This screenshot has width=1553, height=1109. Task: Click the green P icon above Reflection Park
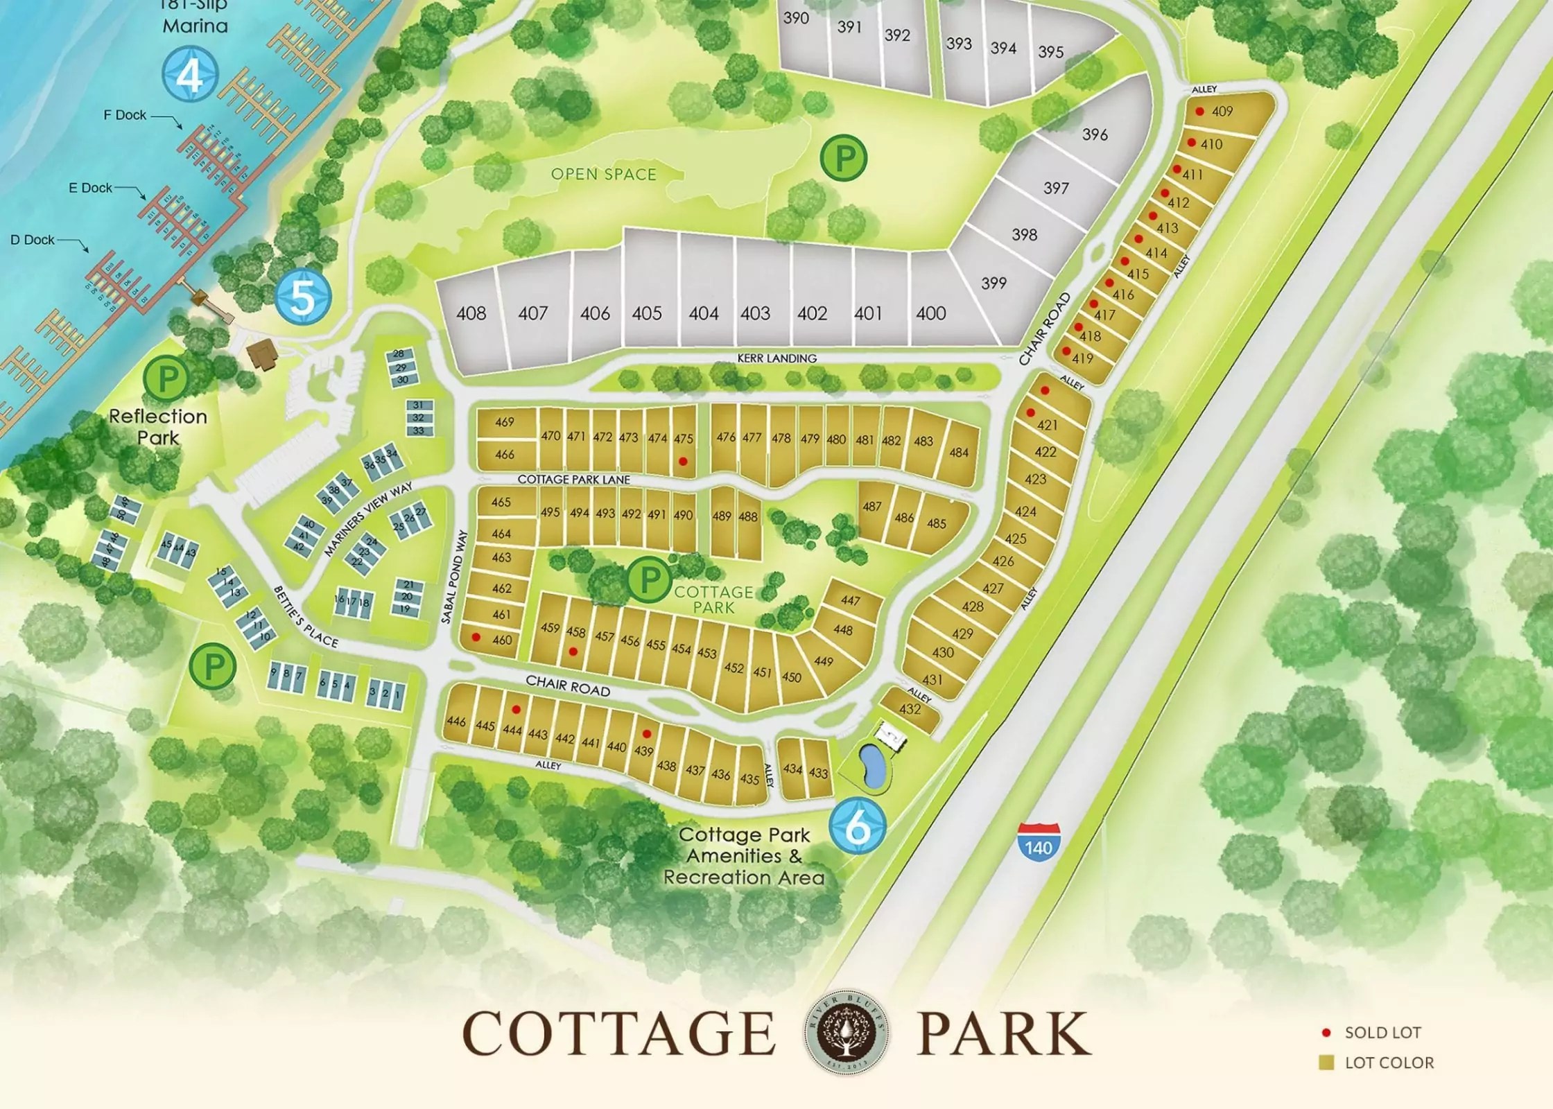coord(166,378)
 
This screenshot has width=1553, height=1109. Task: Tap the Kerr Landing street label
coord(777,358)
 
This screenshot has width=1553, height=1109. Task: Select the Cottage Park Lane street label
coord(573,480)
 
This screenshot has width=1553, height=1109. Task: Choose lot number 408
coord(471,314)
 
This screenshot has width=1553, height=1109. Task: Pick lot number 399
coord(994,283)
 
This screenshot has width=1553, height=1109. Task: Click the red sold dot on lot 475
coord(683,461)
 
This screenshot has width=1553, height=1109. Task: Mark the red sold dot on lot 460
coord(476,636)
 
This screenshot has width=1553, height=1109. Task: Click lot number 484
coord(959,453)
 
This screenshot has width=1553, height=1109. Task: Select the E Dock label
coord(91,188)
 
